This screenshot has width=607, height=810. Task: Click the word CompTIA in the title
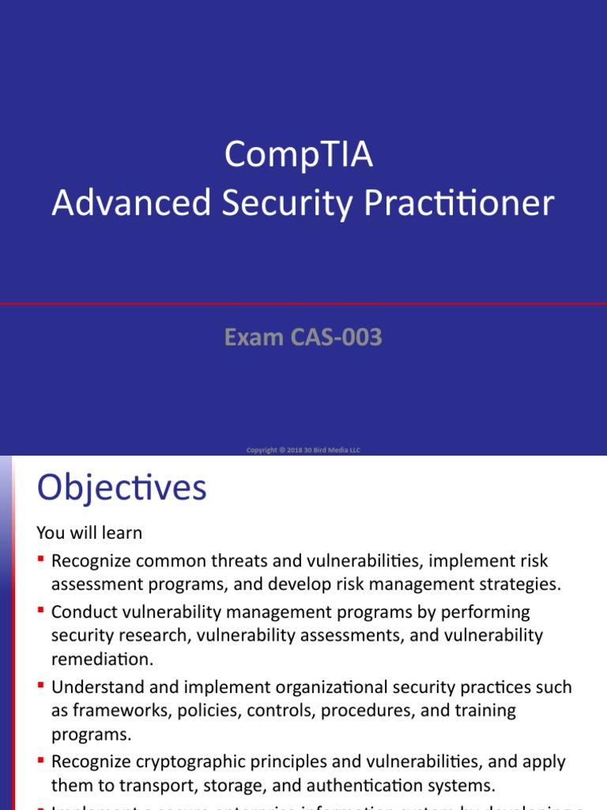pos(298,155)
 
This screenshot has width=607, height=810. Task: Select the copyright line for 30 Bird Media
pos(303,450)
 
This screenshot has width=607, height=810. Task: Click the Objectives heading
pos(122,487)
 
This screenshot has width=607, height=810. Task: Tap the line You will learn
pos(90,532)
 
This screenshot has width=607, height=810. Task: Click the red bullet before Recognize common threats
pos(41,561)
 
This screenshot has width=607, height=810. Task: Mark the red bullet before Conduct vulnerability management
pos(41,611)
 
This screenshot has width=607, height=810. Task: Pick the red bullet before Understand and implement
pos(41,687)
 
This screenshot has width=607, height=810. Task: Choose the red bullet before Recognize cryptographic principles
pos(41,762)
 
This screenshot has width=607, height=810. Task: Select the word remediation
pos(101,659)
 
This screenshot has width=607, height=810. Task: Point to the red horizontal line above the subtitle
pos(303,303)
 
